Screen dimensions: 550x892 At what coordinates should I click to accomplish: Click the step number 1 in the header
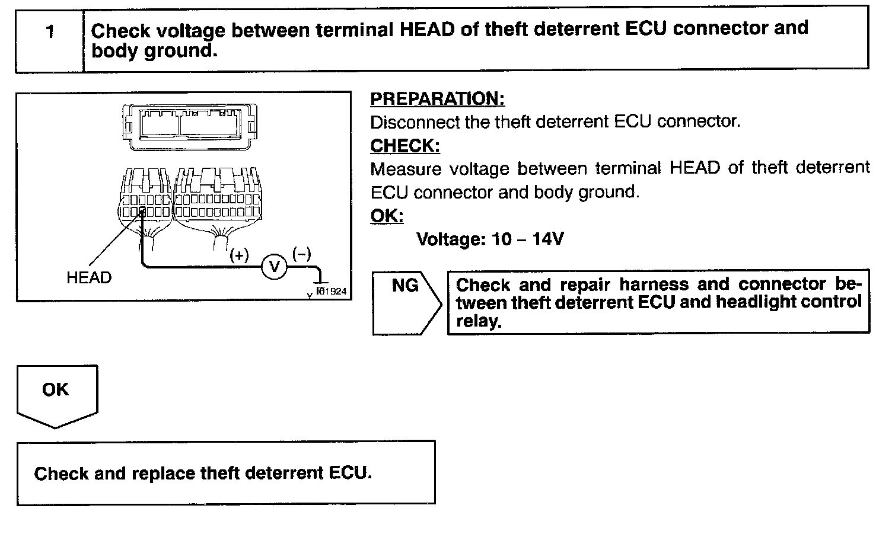click(50, 31)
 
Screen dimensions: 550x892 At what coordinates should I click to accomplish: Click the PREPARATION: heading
click(437, 99)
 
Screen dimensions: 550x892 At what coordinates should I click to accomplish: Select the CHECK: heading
click(405, 146)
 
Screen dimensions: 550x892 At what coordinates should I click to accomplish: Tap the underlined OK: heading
click(387, 216)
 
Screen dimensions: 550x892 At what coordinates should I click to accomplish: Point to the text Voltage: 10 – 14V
click(490, 239)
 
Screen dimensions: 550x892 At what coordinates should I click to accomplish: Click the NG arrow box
click(406, 303)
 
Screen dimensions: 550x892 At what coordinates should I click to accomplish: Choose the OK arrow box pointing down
click(56, 394)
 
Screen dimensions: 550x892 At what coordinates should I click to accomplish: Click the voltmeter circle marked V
click(275, 267)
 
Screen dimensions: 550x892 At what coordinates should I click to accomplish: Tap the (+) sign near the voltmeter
click(239, 256)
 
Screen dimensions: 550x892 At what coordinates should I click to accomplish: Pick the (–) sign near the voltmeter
click(301, 254)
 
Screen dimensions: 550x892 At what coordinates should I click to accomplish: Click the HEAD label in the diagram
click(89, 277)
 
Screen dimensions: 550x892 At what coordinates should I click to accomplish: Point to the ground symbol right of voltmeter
click(320, 283)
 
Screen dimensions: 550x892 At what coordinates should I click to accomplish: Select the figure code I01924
click(332, 292)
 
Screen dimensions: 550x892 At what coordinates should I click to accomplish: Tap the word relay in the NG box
click(478, 321)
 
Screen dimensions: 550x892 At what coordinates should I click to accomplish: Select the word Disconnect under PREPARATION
click(407, 122)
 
